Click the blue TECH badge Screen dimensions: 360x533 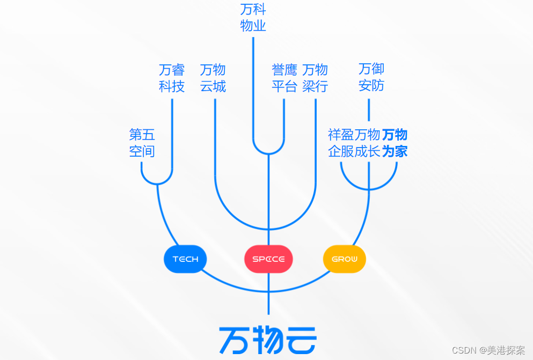tap(185, 259)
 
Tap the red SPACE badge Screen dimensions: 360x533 tap(268, 259)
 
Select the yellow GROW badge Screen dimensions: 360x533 tap(344, 259)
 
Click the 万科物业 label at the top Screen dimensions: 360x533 tap(253, 18)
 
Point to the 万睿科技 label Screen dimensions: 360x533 tap(172, 78)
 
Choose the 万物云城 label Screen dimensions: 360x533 tap(213, 78)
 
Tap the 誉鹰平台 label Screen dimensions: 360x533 tap(284, 78)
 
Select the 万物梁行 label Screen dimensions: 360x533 tap(315, 78)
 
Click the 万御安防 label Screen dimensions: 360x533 tap(371, 77)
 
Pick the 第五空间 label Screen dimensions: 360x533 tap(142, 143)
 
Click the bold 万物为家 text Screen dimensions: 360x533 tap(395, 143)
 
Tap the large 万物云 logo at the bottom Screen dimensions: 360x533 tap(268, 340)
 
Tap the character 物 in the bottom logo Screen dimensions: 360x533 tap(267, 340)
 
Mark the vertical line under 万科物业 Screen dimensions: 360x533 tap(253, 86)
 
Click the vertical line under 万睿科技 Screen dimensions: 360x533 tap(172, 134)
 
